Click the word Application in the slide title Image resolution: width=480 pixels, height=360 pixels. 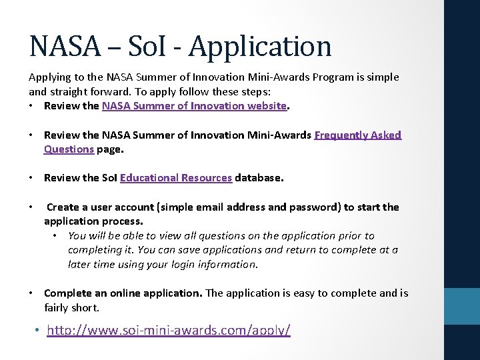pos(260,46)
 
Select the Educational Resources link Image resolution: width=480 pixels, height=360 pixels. pos(176,177)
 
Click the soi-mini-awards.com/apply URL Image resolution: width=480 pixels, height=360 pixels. pos(169,330)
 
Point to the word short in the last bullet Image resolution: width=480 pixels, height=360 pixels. pos(85,307)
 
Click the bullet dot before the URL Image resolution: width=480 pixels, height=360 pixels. pos(37,331)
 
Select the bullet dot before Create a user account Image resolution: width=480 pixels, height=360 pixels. pos(32,207)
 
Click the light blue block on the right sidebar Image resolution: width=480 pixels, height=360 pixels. pos(462,306)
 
